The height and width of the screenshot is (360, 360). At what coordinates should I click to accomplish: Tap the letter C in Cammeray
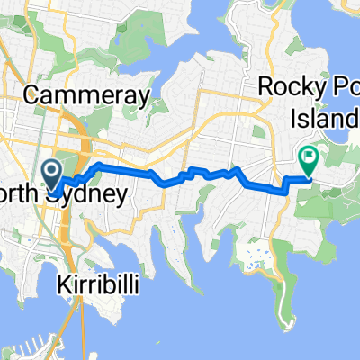(34, 93)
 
